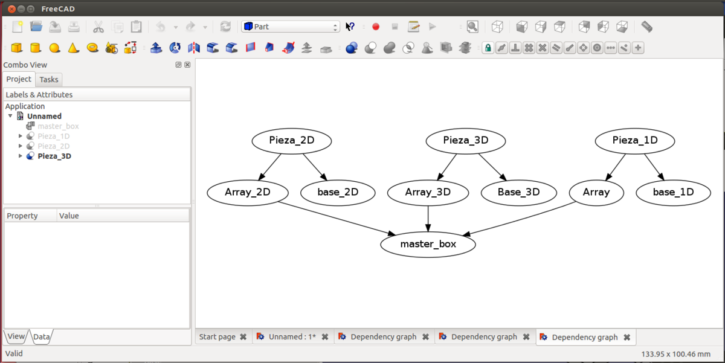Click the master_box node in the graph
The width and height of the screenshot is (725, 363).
click(x=428, y=245)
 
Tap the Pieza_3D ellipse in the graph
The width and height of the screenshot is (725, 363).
click(x=465, y=141)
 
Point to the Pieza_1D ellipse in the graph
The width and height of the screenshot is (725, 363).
click(x=634, y=141)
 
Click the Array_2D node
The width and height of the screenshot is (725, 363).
click(x=247, y=193)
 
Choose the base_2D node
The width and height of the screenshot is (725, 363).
click(x=338, y=193)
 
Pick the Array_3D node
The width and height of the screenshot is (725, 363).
click(x=428, y=193)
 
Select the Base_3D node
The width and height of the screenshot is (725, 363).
click(x=518, y=193)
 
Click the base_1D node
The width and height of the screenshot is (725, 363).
click(x=673, y=193)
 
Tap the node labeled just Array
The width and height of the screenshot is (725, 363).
click(x=596, y=193)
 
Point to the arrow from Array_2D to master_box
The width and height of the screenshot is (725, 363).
click(x=338, y=218)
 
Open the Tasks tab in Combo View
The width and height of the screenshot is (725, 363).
click(x=49, y=80)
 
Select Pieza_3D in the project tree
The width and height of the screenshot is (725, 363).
click(x=54, y=156)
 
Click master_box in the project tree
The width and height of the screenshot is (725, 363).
click(x=58, y=126)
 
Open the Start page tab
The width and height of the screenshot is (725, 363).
click(x=217, y=337)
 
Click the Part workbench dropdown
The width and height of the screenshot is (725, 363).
click(x=291, y=27)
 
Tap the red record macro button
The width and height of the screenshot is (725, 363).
click(x=376, y=27)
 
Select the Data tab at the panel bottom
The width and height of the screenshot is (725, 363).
click(x=42, y=336)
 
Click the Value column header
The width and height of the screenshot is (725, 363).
click(x=69, y=216)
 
